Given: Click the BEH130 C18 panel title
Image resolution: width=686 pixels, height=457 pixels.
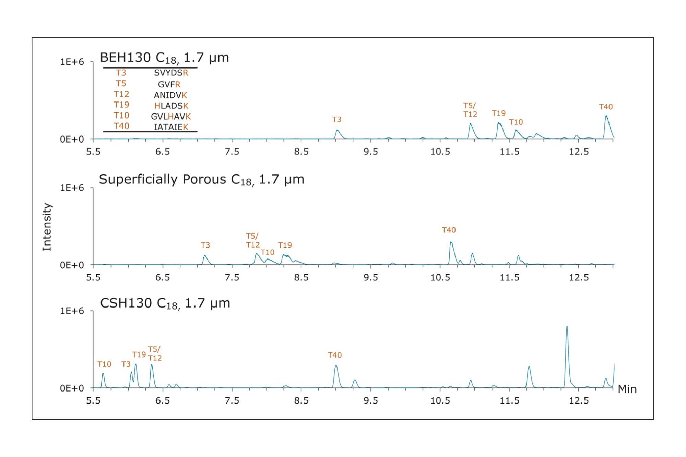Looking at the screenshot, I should (x=164, y=58).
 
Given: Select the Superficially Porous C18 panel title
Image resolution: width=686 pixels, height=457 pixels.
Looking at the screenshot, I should (x=201, y=180).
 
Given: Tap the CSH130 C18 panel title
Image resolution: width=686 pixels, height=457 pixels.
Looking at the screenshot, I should (x=165, y=303).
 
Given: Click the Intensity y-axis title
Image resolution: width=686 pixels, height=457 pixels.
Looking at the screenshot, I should (x=47, y=227).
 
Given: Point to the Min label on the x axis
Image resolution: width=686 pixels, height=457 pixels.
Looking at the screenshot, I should (x=627, y=389).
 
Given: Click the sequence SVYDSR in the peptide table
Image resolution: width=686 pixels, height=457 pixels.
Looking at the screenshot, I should (x=171, y=73).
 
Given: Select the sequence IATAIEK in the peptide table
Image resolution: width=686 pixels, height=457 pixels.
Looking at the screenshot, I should (x=171, y=127).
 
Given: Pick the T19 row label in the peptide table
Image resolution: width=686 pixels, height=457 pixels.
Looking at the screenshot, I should (x=121, y=105).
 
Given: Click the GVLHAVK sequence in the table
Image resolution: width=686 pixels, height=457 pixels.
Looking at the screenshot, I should (x=170, y=117).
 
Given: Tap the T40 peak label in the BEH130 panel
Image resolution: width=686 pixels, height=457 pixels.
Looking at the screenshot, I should (x=606, y=107).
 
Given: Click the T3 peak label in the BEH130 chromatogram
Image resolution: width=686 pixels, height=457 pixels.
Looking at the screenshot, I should (x=337, y=120).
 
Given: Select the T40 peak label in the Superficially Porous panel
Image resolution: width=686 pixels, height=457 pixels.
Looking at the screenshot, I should (x=449, y=230).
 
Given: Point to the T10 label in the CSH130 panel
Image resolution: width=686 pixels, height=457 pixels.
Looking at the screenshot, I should (x=104, y=364).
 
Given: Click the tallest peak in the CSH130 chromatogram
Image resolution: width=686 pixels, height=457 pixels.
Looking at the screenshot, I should (x=567, y=327).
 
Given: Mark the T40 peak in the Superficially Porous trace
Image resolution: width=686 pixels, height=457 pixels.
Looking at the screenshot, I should (x=451, y=243).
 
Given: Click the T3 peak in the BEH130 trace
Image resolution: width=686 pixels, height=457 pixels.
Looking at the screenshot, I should (x=338, y=131).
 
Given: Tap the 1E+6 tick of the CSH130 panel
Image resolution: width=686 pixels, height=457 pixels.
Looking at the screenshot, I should (x=72, y=311).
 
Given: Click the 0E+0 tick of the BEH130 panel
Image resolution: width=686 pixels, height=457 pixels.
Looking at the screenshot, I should (x=72, y=140).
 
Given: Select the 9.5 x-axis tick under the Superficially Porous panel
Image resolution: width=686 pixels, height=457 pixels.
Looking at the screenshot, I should (x=370, y=277).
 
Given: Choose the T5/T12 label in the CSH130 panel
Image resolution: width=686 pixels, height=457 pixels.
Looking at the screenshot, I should (x=155, y=354).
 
